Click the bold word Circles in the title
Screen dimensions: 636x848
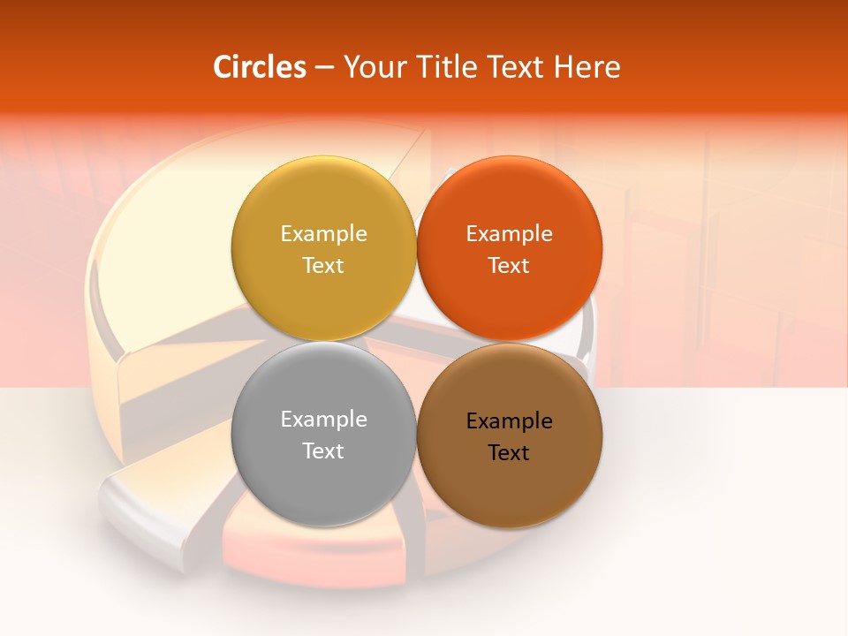click(260, 67)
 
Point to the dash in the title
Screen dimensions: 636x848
click(324, 68)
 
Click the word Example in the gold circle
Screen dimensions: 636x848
click(323, 234)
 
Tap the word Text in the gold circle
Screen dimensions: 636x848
click(323, 266)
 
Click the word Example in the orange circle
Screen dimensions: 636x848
click(509, 234)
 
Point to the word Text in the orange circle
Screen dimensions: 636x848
click(509, 266)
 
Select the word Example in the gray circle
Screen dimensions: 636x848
click(323, 420)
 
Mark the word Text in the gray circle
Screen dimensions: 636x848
click(323, 451)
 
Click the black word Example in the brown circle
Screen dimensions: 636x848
click(509, 421)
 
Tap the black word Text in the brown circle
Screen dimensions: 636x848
click(509, 453)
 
